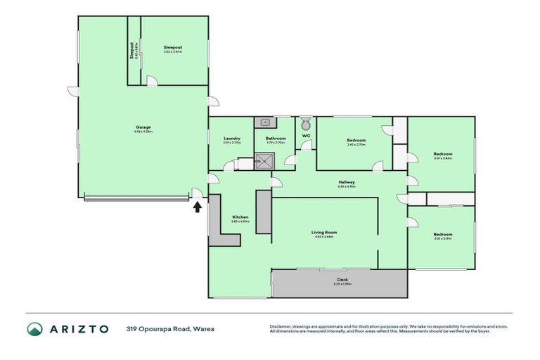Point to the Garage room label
(143, 128)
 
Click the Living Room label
(324, 232)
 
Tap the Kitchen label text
(240, 217)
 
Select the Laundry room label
(232, 139)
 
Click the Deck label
(342, 281)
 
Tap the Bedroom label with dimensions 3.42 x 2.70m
(356, 140)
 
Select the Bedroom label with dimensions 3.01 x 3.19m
(442, 234)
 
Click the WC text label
(306, 135)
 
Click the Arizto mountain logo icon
(34, 328)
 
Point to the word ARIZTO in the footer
(78, 328)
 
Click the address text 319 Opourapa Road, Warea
(170, 328)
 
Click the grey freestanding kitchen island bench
(264, 212)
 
